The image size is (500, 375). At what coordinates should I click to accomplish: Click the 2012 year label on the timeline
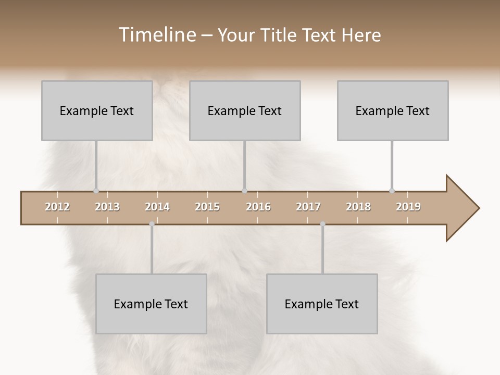click(57, 207)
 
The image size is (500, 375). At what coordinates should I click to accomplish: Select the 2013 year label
click(107, 207)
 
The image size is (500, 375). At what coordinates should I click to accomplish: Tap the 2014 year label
click(157, 207)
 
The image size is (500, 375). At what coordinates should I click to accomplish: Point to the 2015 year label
click(207, 207)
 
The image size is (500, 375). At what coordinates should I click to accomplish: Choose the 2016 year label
click(258, 207)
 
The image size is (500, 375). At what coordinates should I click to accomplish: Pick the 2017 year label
click(308, 207)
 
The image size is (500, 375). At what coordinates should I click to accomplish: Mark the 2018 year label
click(358, 207)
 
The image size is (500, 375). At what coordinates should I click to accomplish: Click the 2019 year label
click(408, 207)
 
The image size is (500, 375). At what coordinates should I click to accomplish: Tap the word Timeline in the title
click(156, 35)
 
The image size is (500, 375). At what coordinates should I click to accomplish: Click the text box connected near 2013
click(97, 111)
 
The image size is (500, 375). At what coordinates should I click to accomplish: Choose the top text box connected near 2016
click(245, 111)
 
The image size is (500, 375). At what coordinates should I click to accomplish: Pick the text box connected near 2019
click(393, 111)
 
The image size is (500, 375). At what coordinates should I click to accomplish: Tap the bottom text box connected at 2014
click(151, 304)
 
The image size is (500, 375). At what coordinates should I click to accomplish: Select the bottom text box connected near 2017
click(322, 304)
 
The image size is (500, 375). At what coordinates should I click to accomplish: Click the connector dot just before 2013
click(96, 191)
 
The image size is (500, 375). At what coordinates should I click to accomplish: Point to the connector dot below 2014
click(152, 224)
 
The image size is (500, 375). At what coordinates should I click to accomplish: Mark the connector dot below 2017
click(322, 224)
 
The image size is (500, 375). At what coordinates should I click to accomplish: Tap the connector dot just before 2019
click(392, 191)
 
